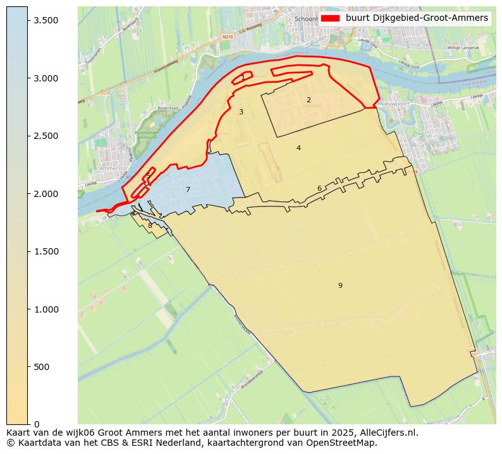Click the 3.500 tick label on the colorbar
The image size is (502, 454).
click(x=46, y=20)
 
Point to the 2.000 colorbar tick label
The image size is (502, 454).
click(x=46, y=194)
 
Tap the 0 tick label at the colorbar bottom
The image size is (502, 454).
click(x=37, y=424)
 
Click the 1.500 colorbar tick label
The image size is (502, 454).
click(x=46, y=251)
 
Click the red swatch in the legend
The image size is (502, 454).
click(x=330, y=18)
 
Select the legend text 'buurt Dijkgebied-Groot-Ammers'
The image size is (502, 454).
click(x=417, y=18)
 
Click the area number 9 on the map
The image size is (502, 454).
click(x=340, y=285)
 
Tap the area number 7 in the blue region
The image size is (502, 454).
click(x=188, y=189)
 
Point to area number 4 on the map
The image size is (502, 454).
click(x=298, y=148)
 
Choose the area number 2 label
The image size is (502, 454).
click(x=309, y=100)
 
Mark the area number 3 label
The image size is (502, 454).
click(x=241, y=112)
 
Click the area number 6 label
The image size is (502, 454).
click(x=319, y=188)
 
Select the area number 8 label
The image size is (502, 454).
click(x=150, y=225)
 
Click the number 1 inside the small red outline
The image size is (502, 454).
click(x=243, y=77)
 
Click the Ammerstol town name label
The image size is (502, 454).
click(x=113, y=169)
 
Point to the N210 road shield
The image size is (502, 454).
click(x=228, y=37)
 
